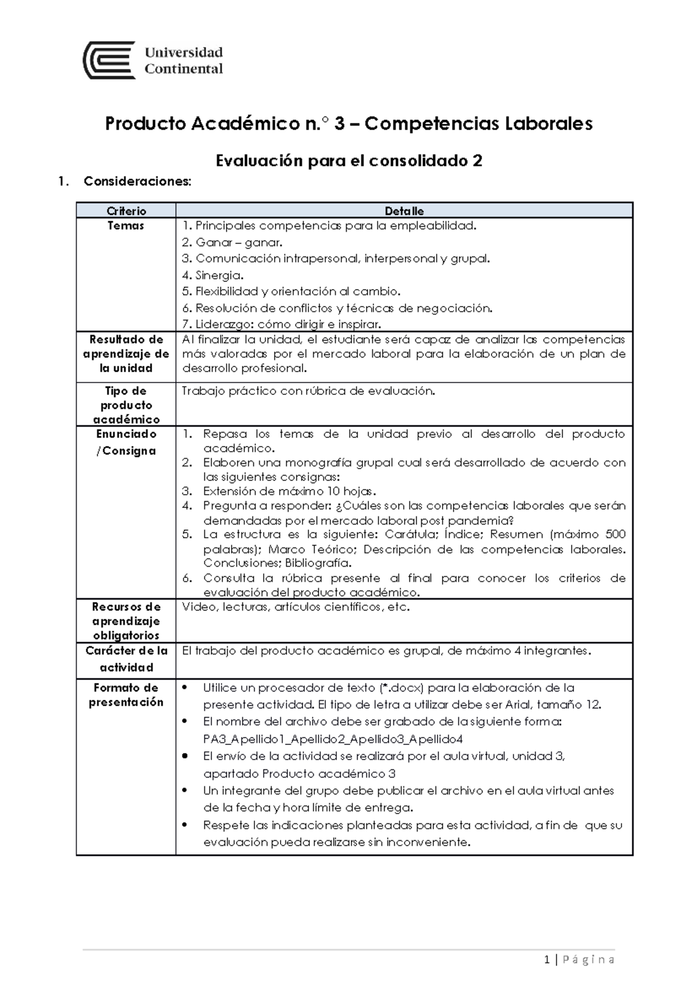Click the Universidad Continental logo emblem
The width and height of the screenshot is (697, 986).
109,60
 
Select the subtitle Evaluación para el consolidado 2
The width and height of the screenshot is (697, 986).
348,160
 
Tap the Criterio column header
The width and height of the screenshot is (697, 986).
126,211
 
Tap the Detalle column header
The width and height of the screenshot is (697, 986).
404,211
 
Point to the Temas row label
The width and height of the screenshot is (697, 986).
126,226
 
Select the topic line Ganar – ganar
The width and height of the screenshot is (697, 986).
232,242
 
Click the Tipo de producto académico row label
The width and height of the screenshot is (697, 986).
126,405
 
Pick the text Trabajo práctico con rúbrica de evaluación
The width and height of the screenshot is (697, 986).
308,391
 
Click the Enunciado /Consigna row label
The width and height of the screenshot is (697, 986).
126,442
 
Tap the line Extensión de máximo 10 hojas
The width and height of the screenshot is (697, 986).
289,491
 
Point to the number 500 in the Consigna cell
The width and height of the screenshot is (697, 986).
615,534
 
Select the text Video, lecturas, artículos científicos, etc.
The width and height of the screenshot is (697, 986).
296,607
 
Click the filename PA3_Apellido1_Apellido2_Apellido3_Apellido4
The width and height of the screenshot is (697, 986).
333,739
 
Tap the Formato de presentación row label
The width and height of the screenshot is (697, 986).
126,695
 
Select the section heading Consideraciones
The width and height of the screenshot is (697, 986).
137,181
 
